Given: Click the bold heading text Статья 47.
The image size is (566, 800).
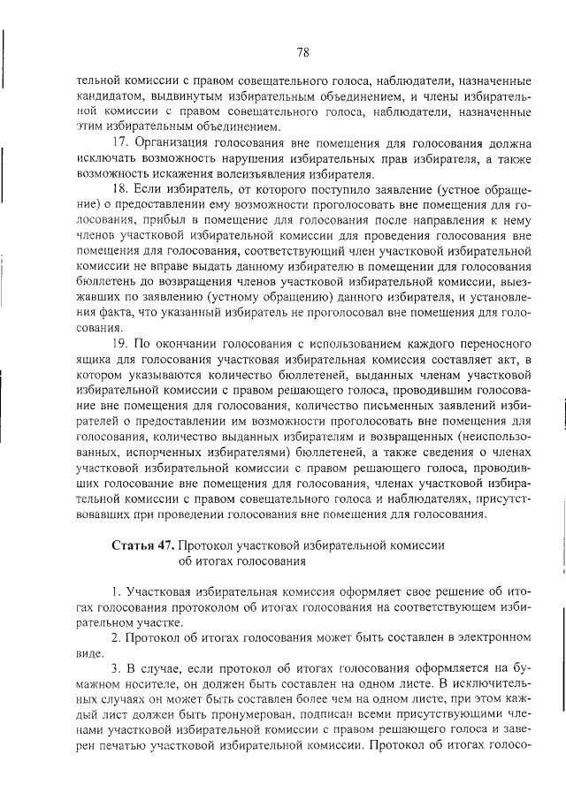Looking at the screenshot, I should point(144,545).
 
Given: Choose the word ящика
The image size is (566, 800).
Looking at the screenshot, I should point(95,358).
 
